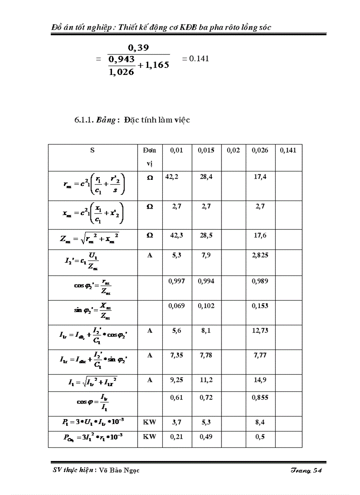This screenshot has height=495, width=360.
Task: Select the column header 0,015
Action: tap(206, 150)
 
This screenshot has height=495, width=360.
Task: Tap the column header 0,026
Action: tap(260, 150)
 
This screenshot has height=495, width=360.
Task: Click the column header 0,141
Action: tap(288, 150)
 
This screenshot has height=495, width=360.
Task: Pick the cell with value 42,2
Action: tap(174, 177)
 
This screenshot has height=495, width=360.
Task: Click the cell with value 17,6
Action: tap(260, 235)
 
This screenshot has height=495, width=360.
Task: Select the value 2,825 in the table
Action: tap(260, 255)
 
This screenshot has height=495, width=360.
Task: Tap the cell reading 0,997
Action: tap(177, 281)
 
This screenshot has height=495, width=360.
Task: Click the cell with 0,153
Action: tap(260, 305)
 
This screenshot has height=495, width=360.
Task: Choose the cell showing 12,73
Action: tap(260, 330)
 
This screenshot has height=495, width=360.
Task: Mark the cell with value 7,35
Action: tap(177, 355)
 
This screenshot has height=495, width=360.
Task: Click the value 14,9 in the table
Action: tap(260, 380)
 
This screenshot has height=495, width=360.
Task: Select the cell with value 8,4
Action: tap(260, 422)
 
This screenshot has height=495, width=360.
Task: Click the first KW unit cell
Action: tap(150, 422)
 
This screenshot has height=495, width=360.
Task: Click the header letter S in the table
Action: tap(92, 150)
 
